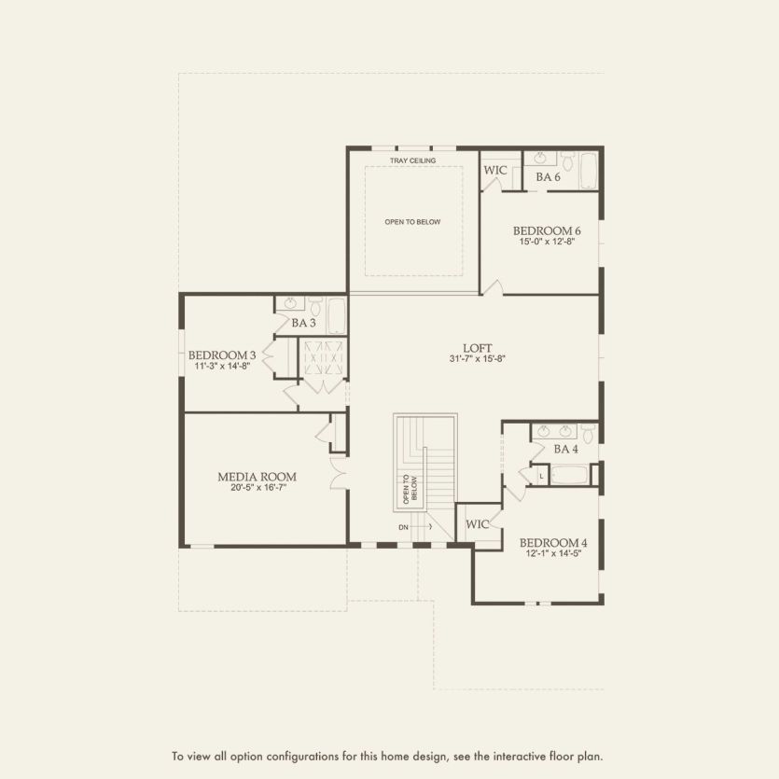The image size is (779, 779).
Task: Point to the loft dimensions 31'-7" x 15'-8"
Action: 477,358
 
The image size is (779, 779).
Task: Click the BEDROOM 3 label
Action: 222,355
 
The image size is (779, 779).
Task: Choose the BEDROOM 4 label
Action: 553,542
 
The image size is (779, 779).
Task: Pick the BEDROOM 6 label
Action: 547,230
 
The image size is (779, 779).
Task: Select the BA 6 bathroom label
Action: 548,176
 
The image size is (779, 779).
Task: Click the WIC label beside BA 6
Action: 494,171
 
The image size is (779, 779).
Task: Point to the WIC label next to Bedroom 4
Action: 478,524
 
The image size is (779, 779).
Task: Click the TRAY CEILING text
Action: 413,160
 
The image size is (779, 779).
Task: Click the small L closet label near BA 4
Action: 541,476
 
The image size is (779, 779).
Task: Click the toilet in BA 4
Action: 587,433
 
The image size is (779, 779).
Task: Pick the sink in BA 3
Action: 290,303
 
